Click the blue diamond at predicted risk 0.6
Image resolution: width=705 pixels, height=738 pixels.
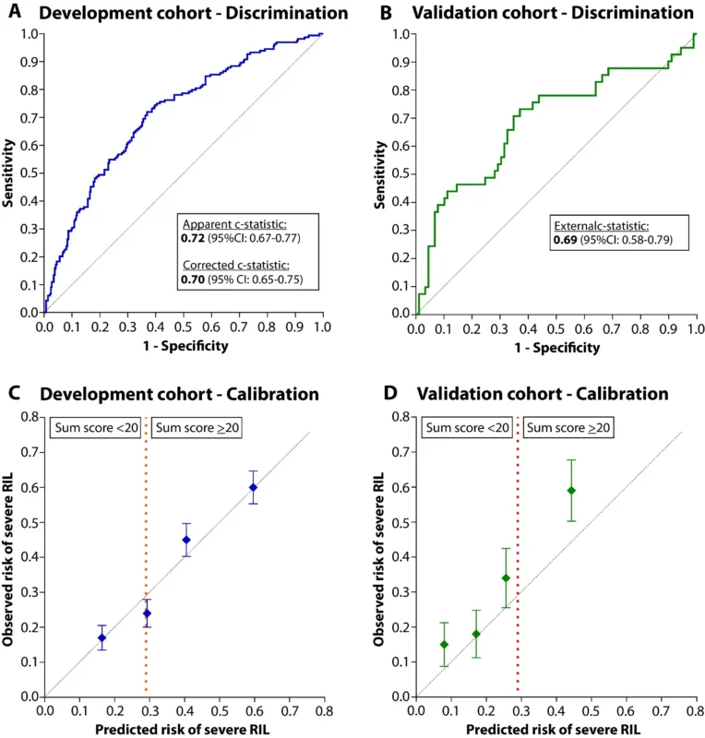(x=253, y=487)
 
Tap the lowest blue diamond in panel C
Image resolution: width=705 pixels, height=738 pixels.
(x=102, y=637)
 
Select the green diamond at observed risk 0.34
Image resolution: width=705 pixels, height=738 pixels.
(x=506, y=578)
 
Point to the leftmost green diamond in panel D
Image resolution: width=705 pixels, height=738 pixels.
(x=444, y=644)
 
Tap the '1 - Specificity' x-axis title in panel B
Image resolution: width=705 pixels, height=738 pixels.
(x=555, y=348)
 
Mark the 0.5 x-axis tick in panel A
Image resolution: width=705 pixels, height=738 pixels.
(x=184, y=327)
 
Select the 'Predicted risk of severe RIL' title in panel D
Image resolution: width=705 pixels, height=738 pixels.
(x=555, y=729)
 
